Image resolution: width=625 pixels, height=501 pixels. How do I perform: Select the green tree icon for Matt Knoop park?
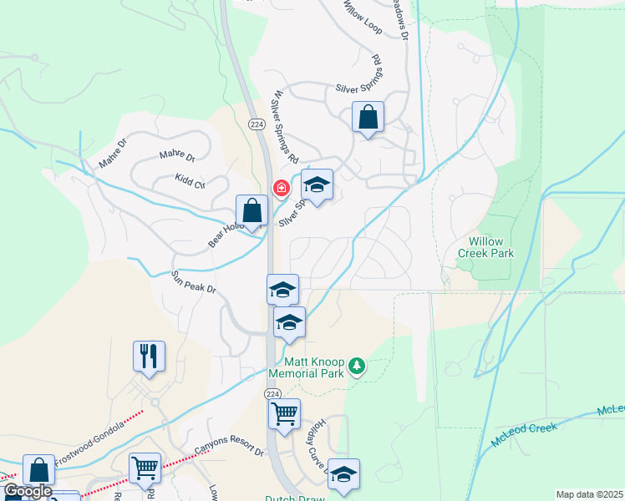pyautogui.click(x=357, y=366)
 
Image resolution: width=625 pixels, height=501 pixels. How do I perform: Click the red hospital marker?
pyautogui.click(x=282, y=188)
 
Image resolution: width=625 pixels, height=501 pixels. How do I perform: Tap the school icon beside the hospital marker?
pyautogui.click(x=317, y=185)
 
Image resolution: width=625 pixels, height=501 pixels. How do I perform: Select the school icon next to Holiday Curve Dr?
pyautogui.click(x=343, y=473)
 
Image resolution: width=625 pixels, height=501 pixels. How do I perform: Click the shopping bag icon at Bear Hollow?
pyautogui.click(x=252, y=210)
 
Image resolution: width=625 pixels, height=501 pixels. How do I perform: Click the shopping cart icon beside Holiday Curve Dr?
pyautogui.click(x=284, y=412)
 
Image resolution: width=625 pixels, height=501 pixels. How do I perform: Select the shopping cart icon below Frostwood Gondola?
pyautogui.click(x=145, y=468)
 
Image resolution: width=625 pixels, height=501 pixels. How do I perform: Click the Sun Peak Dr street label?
pyautogui.click(x=194, y=282)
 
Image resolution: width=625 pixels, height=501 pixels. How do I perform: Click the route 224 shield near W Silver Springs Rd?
pyautogui.click(x=256, y=124)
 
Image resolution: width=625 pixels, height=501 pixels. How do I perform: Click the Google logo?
pyautogui.click(x=28, y=492)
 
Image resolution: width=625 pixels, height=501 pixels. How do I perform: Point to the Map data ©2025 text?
pyautogui.click(x=589, y=494)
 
